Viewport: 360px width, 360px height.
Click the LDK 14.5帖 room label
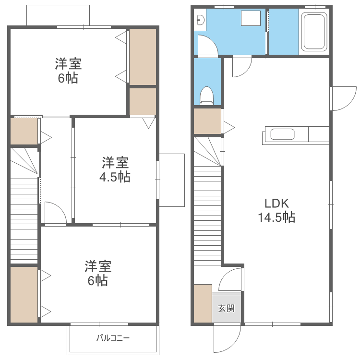click(276, 210)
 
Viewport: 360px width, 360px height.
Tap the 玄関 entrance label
click(227, 308)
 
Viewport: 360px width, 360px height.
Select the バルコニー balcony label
click(113, 338)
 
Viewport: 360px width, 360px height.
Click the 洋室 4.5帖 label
click(115, 169)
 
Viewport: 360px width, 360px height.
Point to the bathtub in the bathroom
click(314, 32)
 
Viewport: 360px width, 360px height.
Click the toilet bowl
click(207, 95)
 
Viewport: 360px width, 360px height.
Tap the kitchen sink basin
click(282, 134)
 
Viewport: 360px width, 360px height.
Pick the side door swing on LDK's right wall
click(342, 98)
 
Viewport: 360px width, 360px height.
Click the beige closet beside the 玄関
click(202, 303)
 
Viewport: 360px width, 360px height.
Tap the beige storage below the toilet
click(207, 121)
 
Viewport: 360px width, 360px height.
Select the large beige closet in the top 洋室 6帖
click(143, 56)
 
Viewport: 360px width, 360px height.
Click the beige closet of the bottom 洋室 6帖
click(24, 294)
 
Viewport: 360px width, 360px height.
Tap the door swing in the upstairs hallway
click(54, 213)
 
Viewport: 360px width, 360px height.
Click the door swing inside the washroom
click(207, 46)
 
